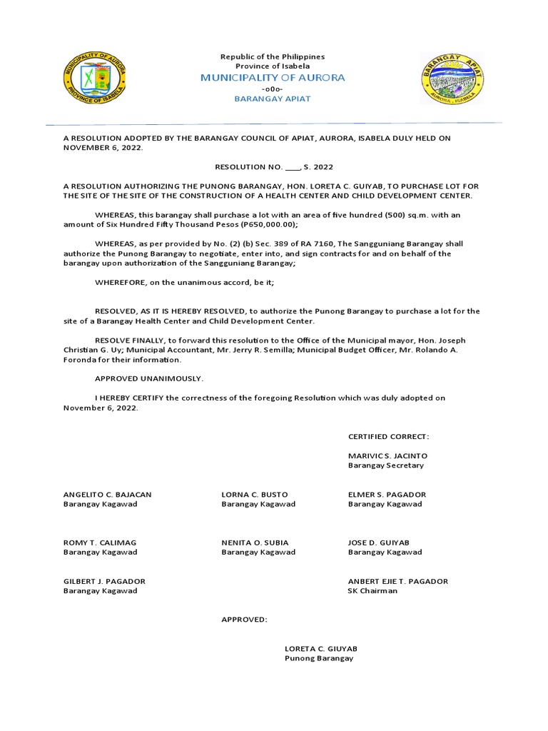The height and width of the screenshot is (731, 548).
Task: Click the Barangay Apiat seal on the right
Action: (452, 78)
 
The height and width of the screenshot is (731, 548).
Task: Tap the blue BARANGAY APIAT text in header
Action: (273, 99)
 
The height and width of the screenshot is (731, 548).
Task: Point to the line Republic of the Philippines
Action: (273, 56)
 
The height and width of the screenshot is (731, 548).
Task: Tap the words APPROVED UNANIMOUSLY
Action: (149, 378)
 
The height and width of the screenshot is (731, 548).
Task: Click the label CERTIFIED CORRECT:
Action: (388, 436)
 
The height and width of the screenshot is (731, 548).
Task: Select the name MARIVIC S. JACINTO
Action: (387, 455)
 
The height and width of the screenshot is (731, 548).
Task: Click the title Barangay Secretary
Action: (385, 465)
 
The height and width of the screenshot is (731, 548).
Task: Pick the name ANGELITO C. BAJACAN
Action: (107, 494)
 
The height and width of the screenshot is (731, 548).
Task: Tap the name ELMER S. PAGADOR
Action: (387, 494)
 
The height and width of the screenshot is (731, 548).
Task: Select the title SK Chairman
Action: (372, 591)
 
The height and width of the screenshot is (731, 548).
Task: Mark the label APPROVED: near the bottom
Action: (244, 620)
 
